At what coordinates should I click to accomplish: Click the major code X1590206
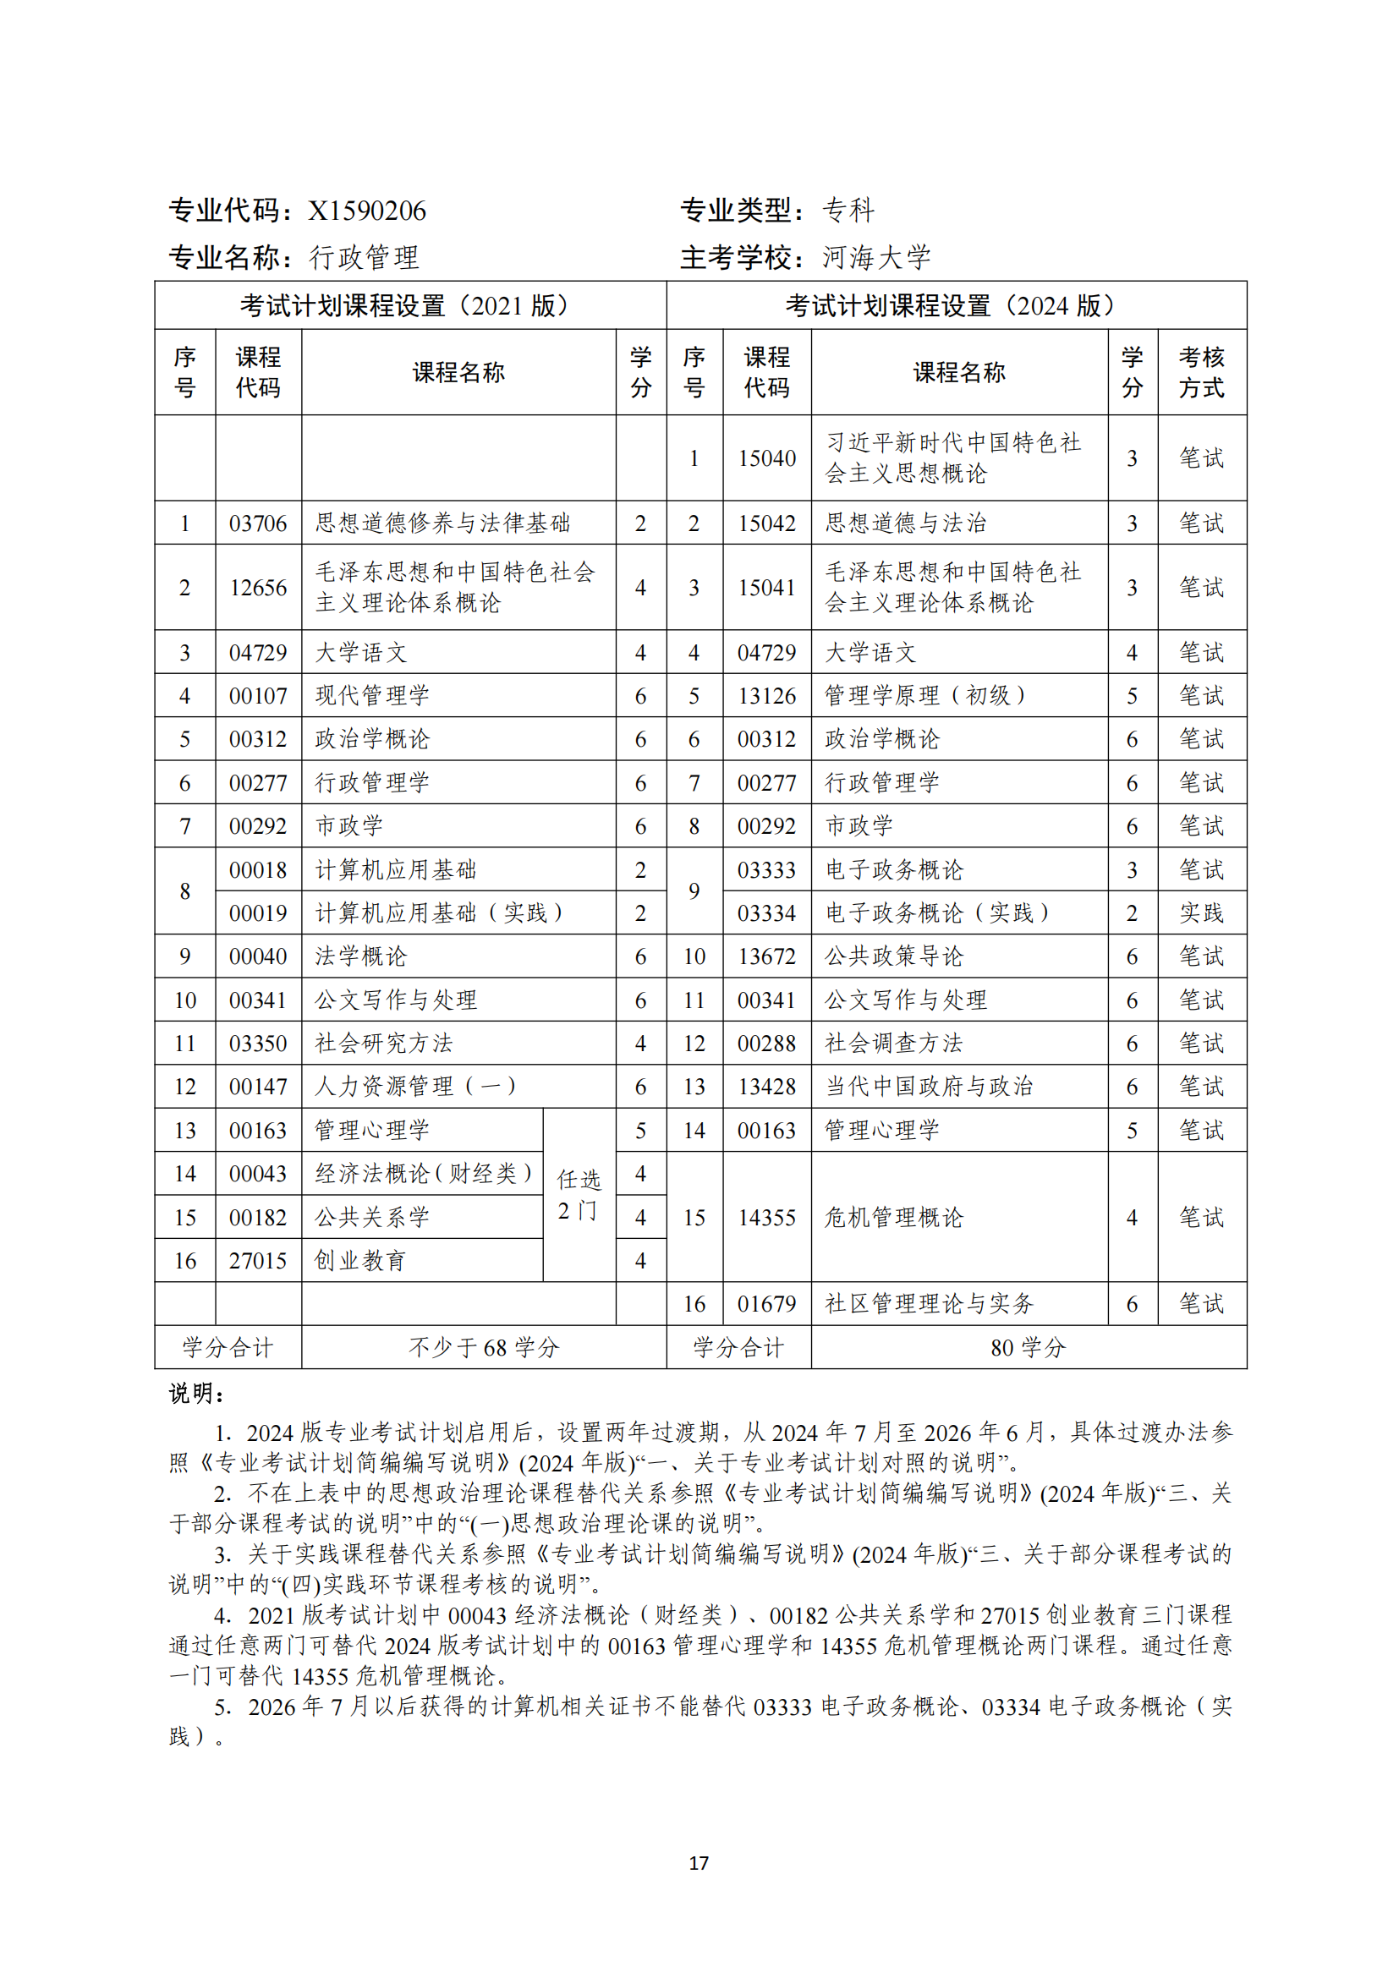(x=367, y=211)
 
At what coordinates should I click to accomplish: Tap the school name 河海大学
(x=876, y=258)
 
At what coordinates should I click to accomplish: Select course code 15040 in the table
(x=765, y=458)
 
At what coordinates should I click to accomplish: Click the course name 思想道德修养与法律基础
(x=442, y=523)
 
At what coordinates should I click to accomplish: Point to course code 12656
(x=258, y=588)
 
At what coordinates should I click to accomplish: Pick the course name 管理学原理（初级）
(x=925, y=695)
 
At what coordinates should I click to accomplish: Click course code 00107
(x=258, y=695)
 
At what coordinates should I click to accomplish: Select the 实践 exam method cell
(x=1201, y=913)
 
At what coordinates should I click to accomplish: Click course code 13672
(x=765, y=956)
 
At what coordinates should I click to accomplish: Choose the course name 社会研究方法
(x=383, y=1044)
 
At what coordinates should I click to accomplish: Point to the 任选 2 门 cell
(x=578, y=1195)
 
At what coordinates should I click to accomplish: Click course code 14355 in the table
(x=765, y=1217)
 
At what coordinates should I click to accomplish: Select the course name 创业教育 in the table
(x=360, y=1260)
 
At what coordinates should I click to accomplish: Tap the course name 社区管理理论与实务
(x=929, y=1303)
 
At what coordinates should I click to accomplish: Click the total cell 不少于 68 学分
(x=483, y=1347)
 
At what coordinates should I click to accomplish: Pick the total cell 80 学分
(x=1028, y=1347)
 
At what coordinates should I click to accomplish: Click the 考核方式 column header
(x=1201, y=372)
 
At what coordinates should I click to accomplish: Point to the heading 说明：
(x=197, y=1394)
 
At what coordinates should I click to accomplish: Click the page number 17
(x=699, y=1864)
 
